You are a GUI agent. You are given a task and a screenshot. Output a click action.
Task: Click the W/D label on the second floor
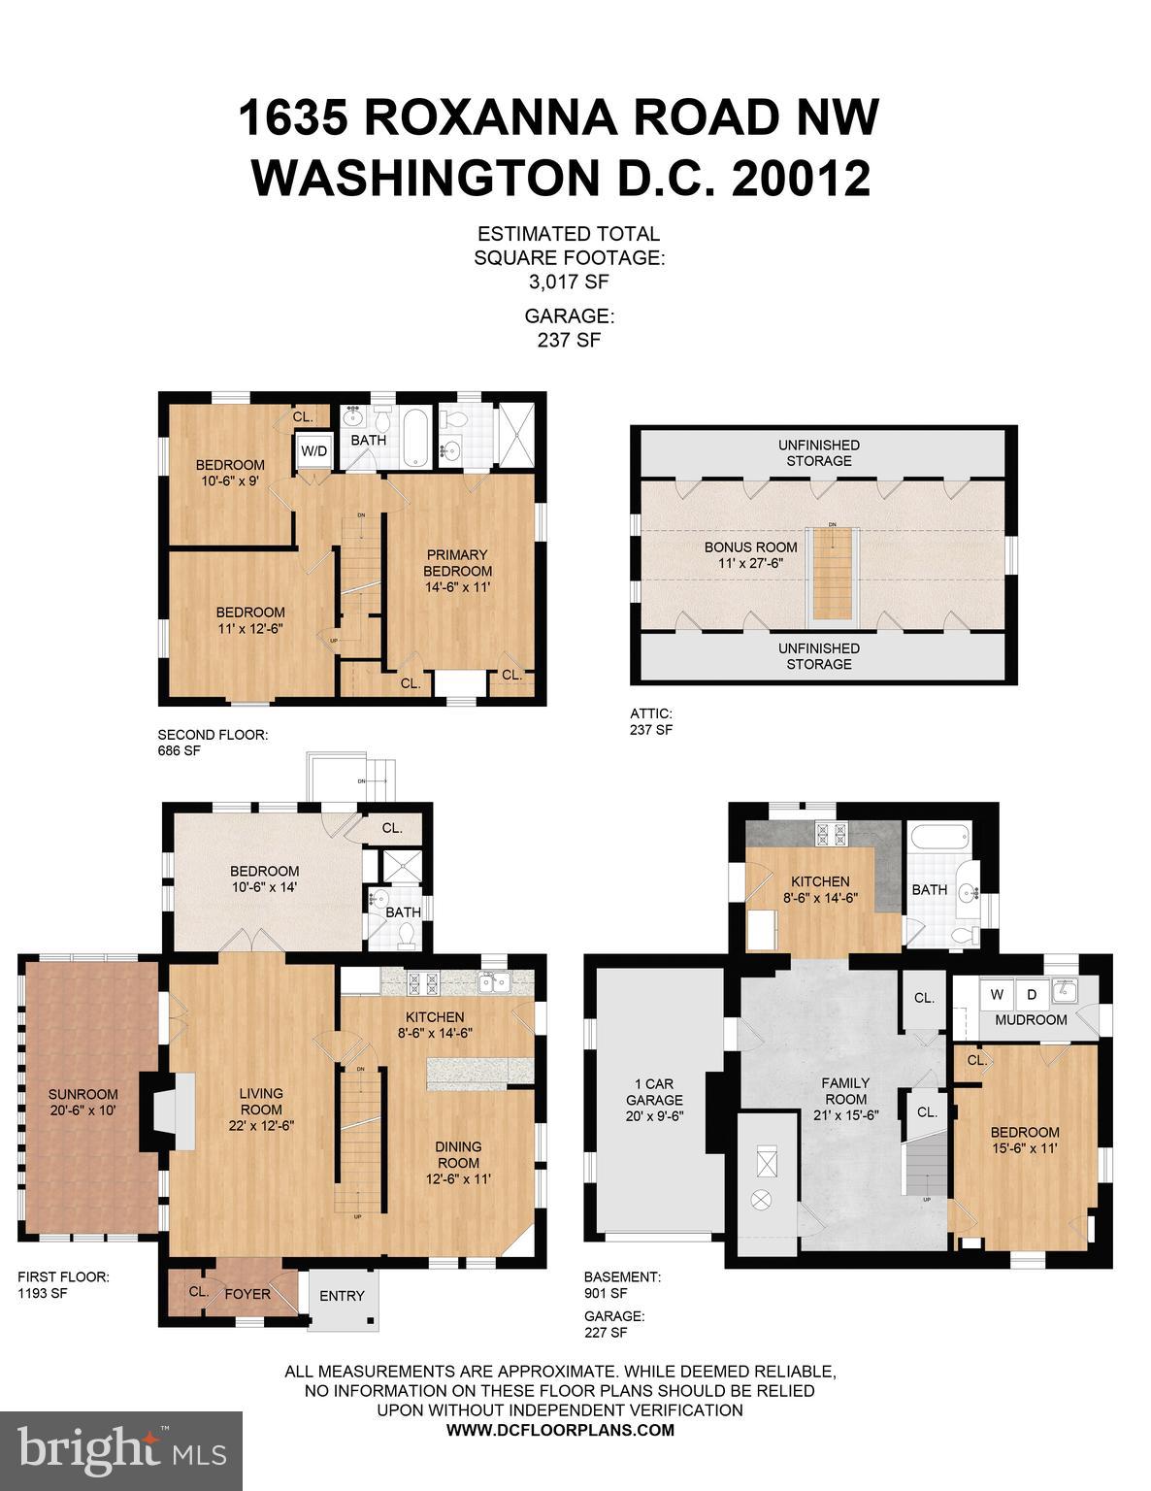312,451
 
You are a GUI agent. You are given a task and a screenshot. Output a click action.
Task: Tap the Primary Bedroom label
457,571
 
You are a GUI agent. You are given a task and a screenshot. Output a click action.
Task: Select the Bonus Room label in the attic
750,554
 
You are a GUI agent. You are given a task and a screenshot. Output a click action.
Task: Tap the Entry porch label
342,1296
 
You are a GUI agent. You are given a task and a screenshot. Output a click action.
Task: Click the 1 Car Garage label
653,1100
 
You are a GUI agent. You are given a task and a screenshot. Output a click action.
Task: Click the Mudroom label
1032,1019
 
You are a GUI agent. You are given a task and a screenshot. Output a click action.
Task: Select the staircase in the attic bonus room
832,573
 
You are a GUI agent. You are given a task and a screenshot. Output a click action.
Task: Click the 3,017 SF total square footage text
569,282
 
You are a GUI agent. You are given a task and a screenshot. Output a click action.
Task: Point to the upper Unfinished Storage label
818,452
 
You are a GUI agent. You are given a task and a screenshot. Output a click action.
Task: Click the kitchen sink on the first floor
496,982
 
